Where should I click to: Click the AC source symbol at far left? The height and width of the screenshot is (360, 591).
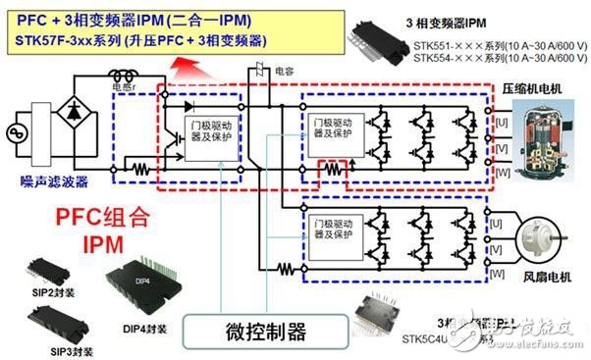tap(19, 131)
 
